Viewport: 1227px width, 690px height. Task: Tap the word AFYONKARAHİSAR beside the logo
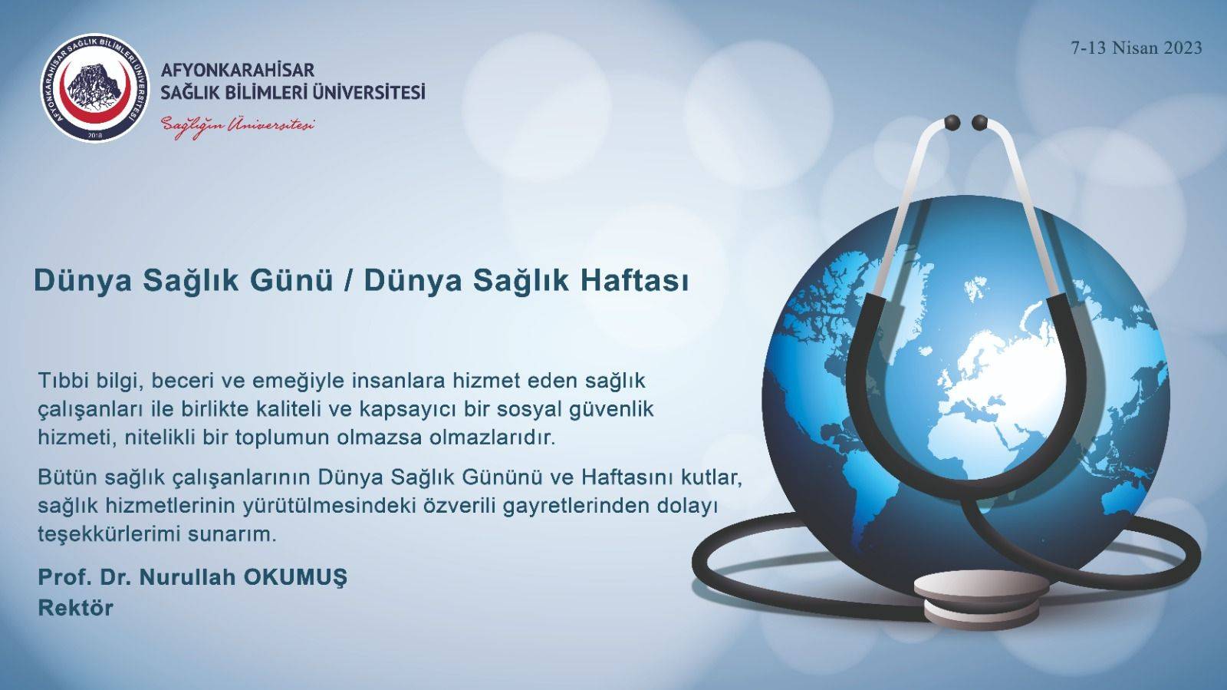238,70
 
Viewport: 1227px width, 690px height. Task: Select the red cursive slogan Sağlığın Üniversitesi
238,124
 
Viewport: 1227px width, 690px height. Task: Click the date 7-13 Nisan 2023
1137,48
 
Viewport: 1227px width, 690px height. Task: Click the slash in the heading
348,281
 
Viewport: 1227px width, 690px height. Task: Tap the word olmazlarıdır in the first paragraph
494,437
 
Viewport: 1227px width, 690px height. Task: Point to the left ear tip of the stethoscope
952,122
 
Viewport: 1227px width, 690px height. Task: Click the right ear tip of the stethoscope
979,122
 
